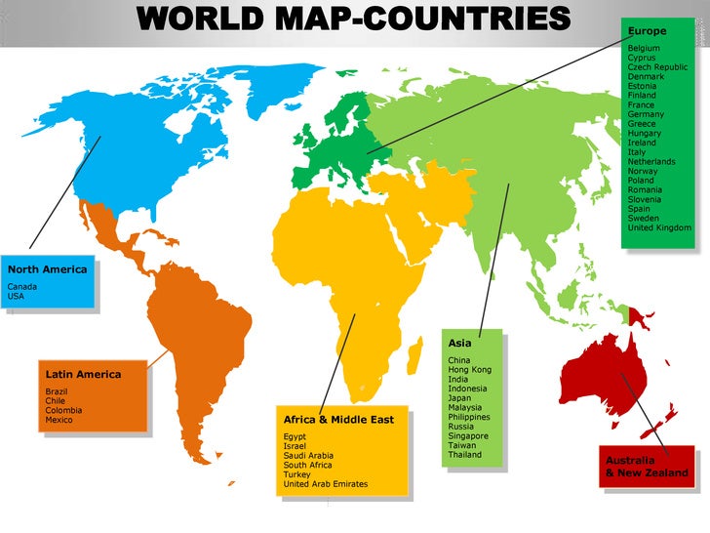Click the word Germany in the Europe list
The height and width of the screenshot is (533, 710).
645,114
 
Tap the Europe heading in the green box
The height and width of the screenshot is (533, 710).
648,31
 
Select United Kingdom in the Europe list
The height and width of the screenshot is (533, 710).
659,227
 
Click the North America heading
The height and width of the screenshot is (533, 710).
47,269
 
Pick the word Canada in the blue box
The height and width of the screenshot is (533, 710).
21,286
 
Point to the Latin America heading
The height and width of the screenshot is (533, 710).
83,374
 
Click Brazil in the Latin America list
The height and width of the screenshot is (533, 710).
57,391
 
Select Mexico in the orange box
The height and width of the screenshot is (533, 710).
59,420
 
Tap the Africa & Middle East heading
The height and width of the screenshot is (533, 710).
338,420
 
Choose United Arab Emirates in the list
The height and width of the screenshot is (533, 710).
325,484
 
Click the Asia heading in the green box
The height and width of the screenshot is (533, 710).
459,344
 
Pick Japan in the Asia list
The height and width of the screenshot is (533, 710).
459,398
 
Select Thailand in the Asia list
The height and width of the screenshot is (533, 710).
464,455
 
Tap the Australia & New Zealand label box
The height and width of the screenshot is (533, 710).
647,467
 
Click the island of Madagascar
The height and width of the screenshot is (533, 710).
415,348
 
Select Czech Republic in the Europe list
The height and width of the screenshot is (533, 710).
657,67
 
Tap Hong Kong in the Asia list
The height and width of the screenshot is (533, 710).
469,370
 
